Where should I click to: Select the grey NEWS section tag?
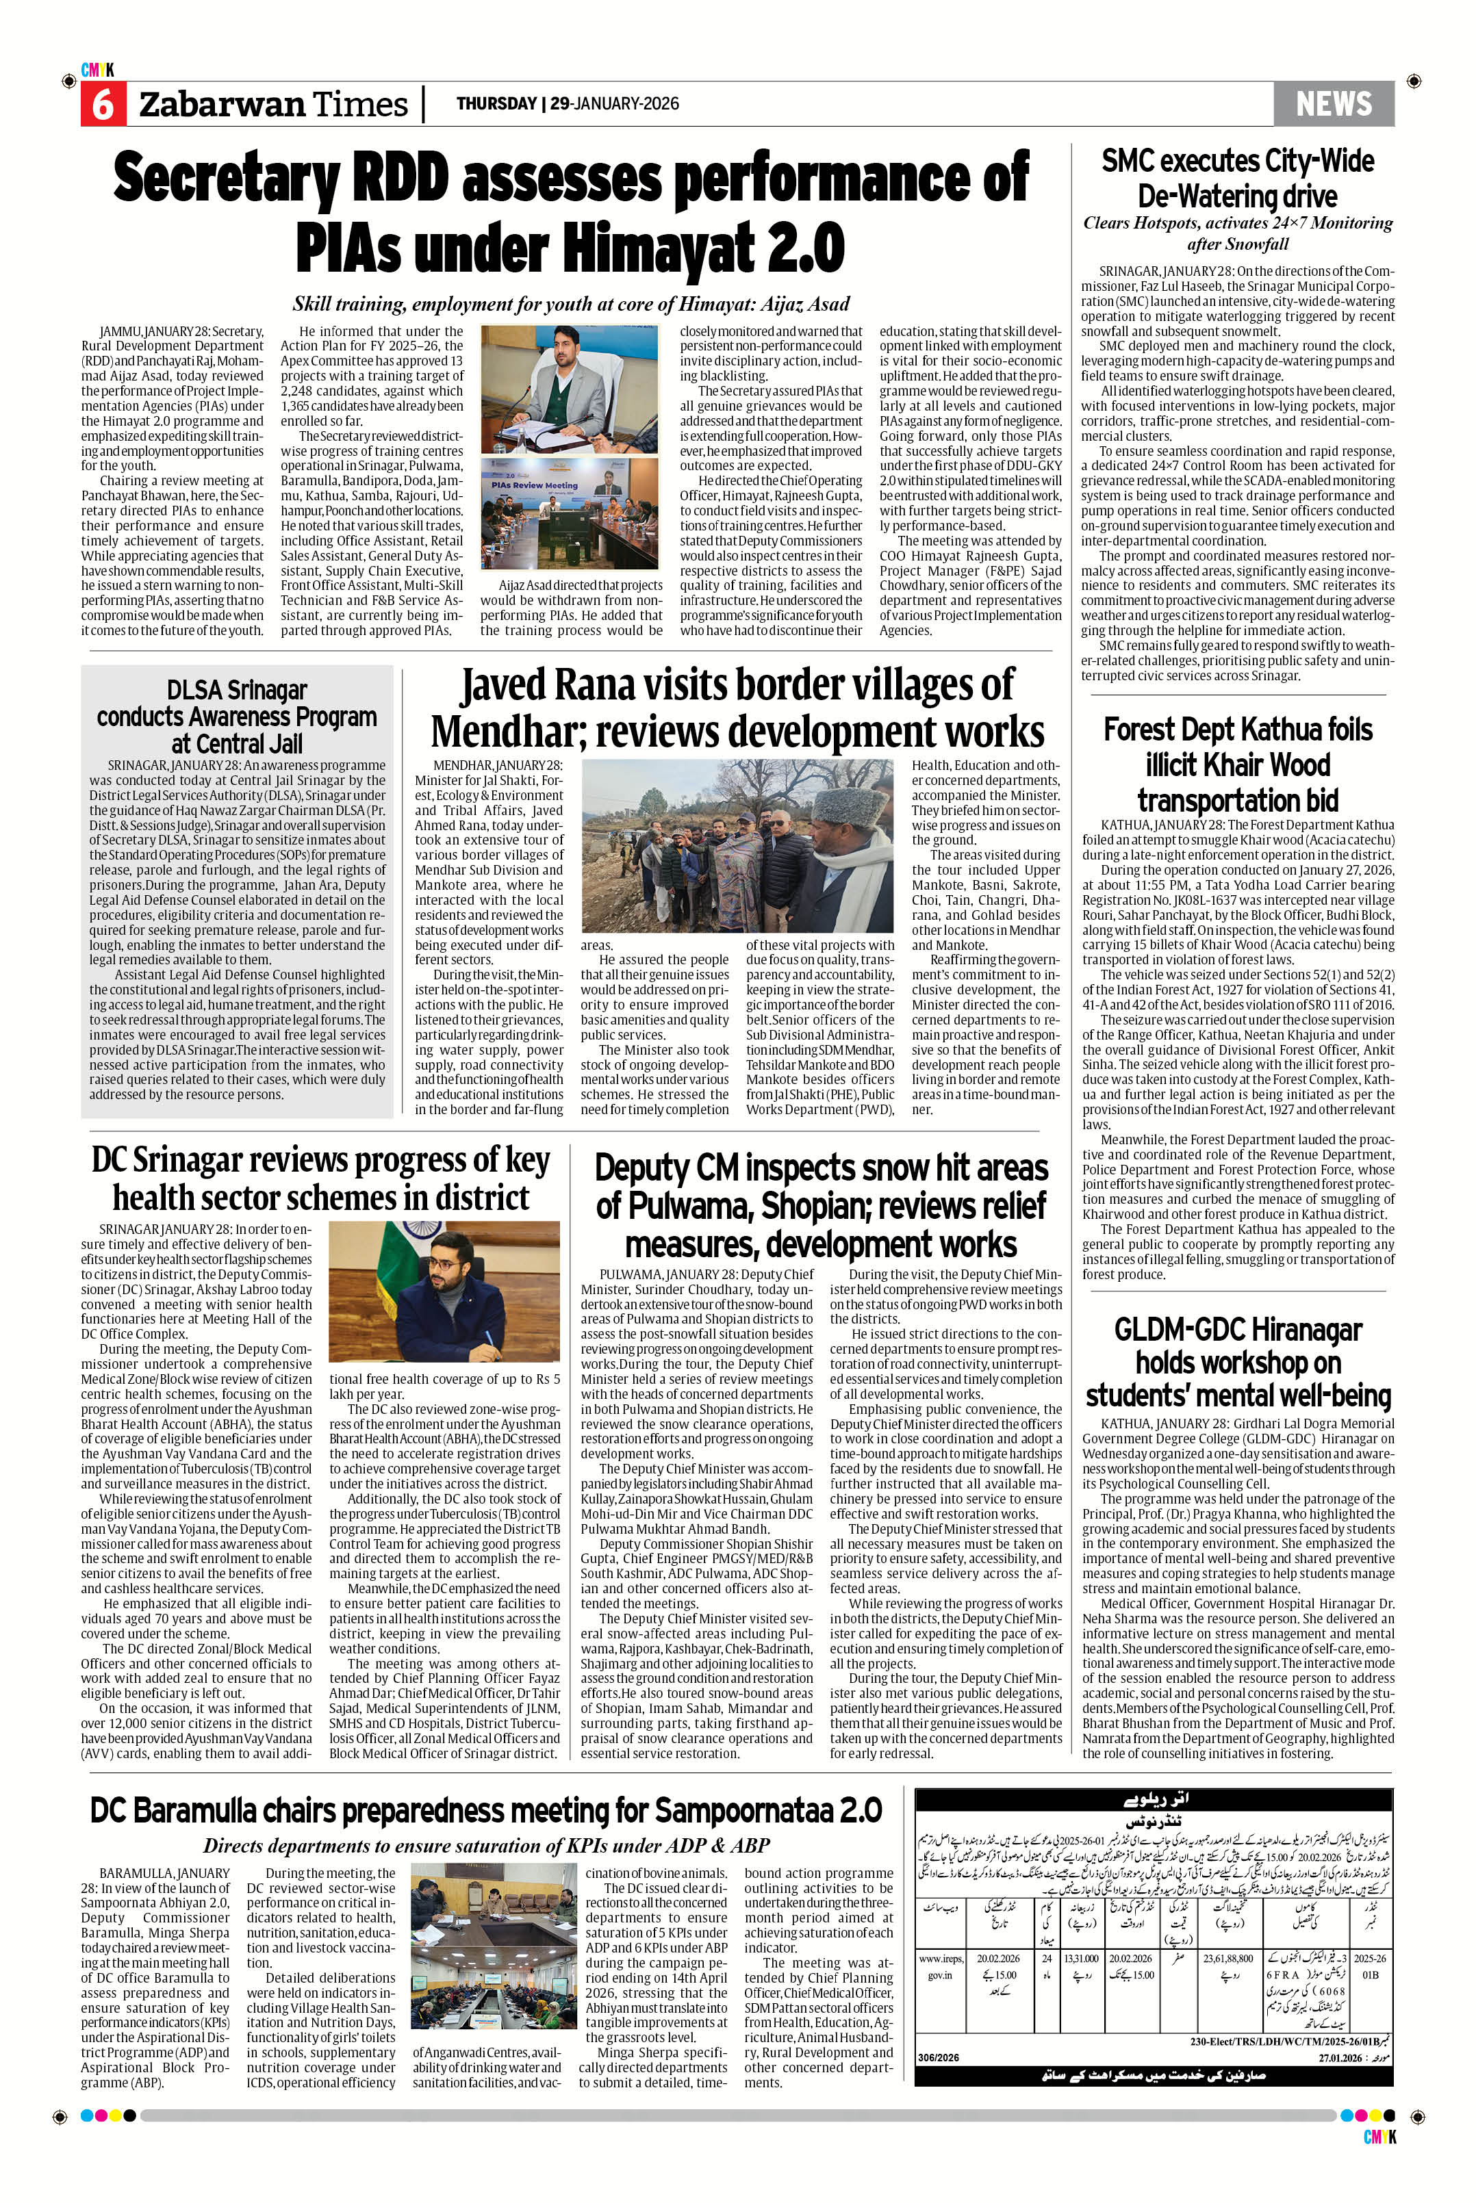pos(1333,103)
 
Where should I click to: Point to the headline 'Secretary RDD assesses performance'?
pos(570,179)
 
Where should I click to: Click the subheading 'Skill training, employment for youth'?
pos(570,304)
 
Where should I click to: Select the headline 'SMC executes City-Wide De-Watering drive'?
pos(1237,178)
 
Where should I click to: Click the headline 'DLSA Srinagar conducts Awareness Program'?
pos(237,715)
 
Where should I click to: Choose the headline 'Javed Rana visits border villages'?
pos(737,708)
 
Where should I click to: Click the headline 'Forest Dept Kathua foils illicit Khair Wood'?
pos(1237,764)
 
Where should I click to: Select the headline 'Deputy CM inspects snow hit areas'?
pos(821,1205)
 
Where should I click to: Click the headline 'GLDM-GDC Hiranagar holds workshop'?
pos(1237,1362)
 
